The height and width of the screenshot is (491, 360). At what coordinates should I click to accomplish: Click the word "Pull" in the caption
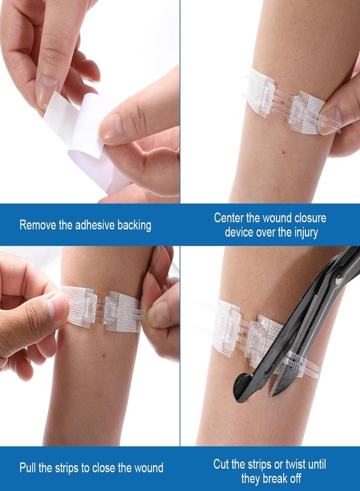click(27, 468)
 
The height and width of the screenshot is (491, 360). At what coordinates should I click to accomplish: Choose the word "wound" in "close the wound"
click(149, 468)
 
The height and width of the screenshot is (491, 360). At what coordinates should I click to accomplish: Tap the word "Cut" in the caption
click(221, 464)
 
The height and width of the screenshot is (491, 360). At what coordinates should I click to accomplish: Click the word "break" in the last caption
click(275, 478)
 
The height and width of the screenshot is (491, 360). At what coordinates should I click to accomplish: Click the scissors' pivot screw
click(338, 279)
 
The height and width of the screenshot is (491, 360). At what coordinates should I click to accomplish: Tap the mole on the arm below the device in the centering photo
click(284, 153)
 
